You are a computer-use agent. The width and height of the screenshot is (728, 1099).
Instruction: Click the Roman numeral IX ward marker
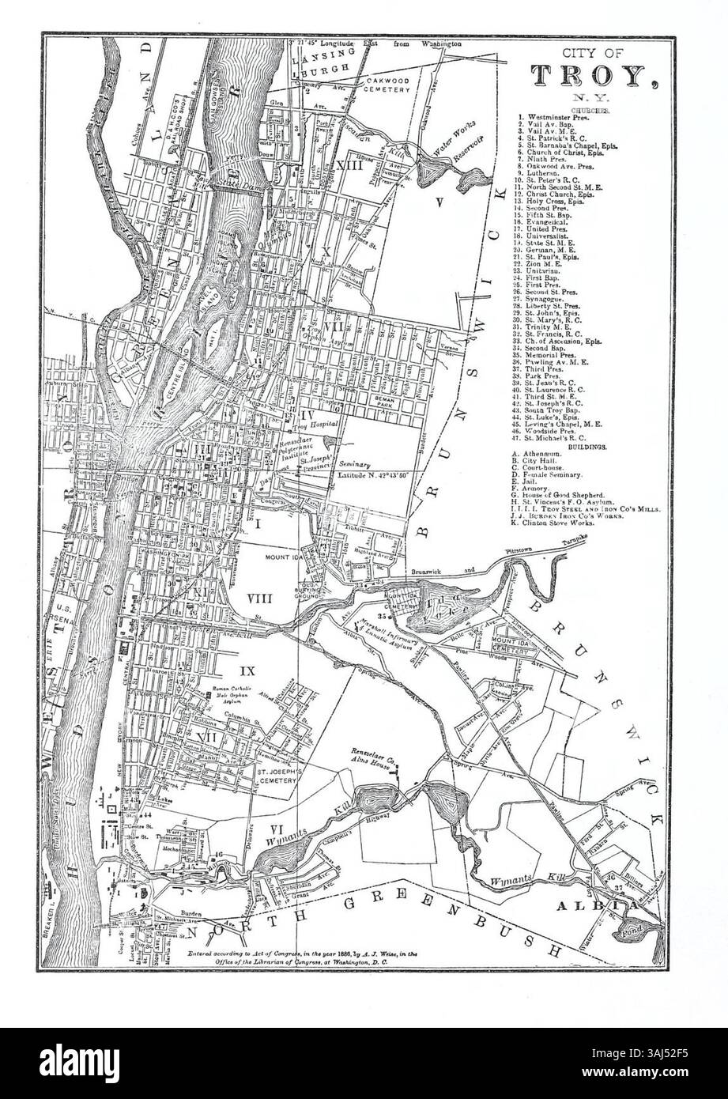pos(247,671)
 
